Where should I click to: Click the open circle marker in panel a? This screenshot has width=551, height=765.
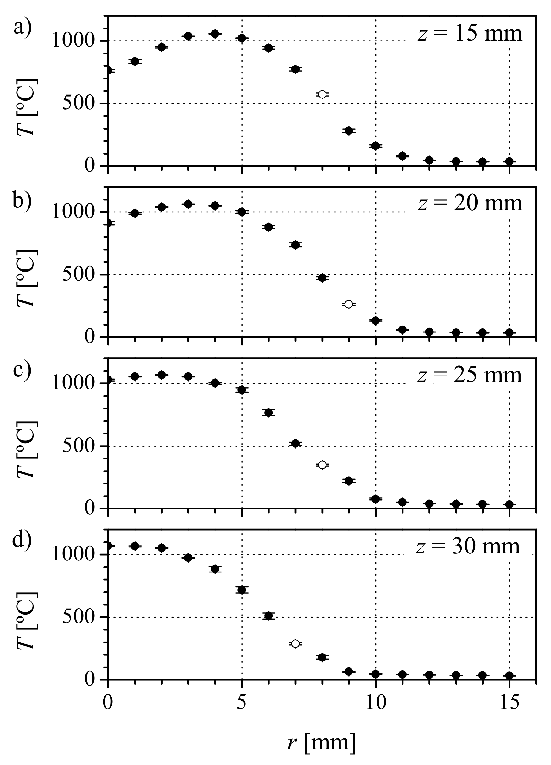click(322, 94)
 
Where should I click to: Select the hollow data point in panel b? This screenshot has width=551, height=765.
click(349, 304)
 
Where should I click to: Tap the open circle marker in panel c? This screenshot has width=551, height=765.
click(322, 465)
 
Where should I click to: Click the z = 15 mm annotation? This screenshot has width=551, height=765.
click(470, 34)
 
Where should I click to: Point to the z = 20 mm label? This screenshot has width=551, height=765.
click(470, 204)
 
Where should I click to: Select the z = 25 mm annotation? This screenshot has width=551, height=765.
click(469, 375)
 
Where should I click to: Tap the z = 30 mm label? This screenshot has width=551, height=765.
click(468, 547)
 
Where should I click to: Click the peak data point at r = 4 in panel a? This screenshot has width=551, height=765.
click(215, 34)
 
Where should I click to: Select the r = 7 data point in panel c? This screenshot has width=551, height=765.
click(295, 444)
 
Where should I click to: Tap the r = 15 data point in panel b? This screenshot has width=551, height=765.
click(510, 332)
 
